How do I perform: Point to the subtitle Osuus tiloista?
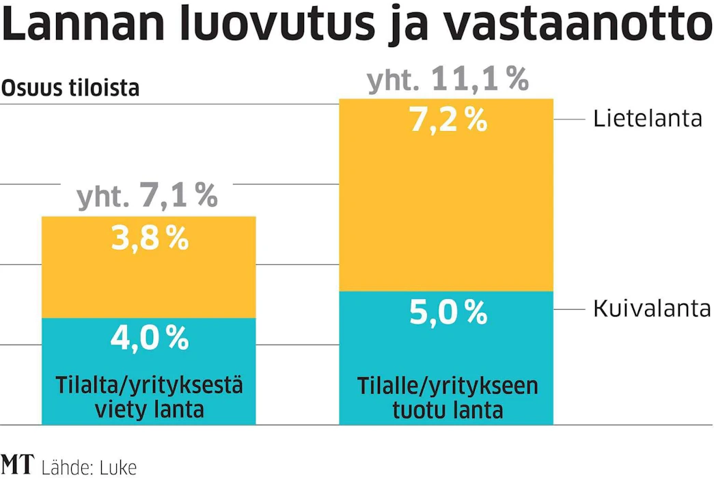click(x=70, y=88)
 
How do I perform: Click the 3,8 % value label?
click(x=150, y=238)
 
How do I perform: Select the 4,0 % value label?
click(x=150, y=338)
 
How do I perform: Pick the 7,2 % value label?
click(x=448, y=121)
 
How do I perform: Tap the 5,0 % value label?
click(x=448, y=312)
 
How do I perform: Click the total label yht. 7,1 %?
click(x=148, y=196)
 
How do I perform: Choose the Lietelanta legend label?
click(x=648, y=119)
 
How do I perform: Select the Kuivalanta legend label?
click(x=652, y=309)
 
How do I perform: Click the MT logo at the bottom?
click(x=17, y=465)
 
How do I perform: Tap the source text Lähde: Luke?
click(x=89, y=467)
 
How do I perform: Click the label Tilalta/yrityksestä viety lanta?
click(x=150, y=397)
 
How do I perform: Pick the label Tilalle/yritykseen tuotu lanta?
click(x=448, y=398)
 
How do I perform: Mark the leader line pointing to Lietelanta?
click(x=569, y=119)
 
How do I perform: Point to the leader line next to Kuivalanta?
click(x=569, y=309)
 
